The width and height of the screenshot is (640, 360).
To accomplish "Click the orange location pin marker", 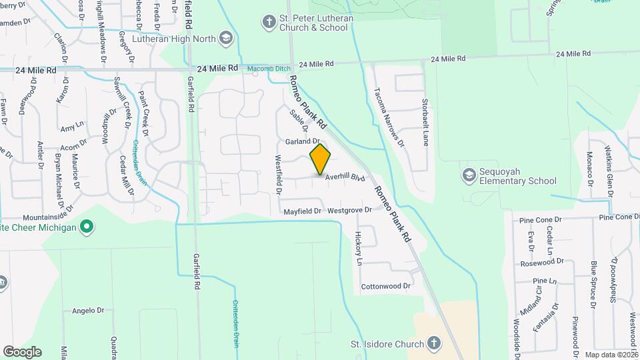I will click(x=320, y=159).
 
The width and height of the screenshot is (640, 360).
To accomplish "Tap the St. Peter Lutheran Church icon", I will click(x=269, y=23).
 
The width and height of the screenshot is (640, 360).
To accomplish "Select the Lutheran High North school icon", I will click(x=225, y=38).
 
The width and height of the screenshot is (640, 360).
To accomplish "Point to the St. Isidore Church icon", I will click(x=433, y=344).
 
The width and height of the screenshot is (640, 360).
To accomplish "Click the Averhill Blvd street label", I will click(x=346, y=178).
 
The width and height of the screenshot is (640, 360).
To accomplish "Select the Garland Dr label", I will click(x=303, y=141).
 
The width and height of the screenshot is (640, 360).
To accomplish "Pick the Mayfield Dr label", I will click(x=303, y=211).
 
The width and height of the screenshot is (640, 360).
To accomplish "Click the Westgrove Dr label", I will click(x=349, y=211).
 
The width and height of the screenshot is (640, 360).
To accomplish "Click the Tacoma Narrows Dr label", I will click(x=389, y=117).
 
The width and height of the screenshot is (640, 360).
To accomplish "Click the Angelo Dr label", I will click(x=89, y=310).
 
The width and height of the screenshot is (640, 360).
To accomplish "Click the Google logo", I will click(x=22, y=351).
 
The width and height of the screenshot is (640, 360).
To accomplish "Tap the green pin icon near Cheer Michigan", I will click(x=86, y=227).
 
